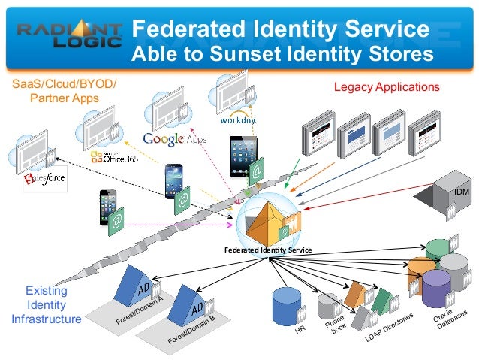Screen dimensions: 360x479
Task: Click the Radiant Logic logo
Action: (x=70, y=33)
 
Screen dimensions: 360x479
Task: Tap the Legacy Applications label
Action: (x=386, y=87)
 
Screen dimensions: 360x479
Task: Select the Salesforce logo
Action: (x=44, y=180)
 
